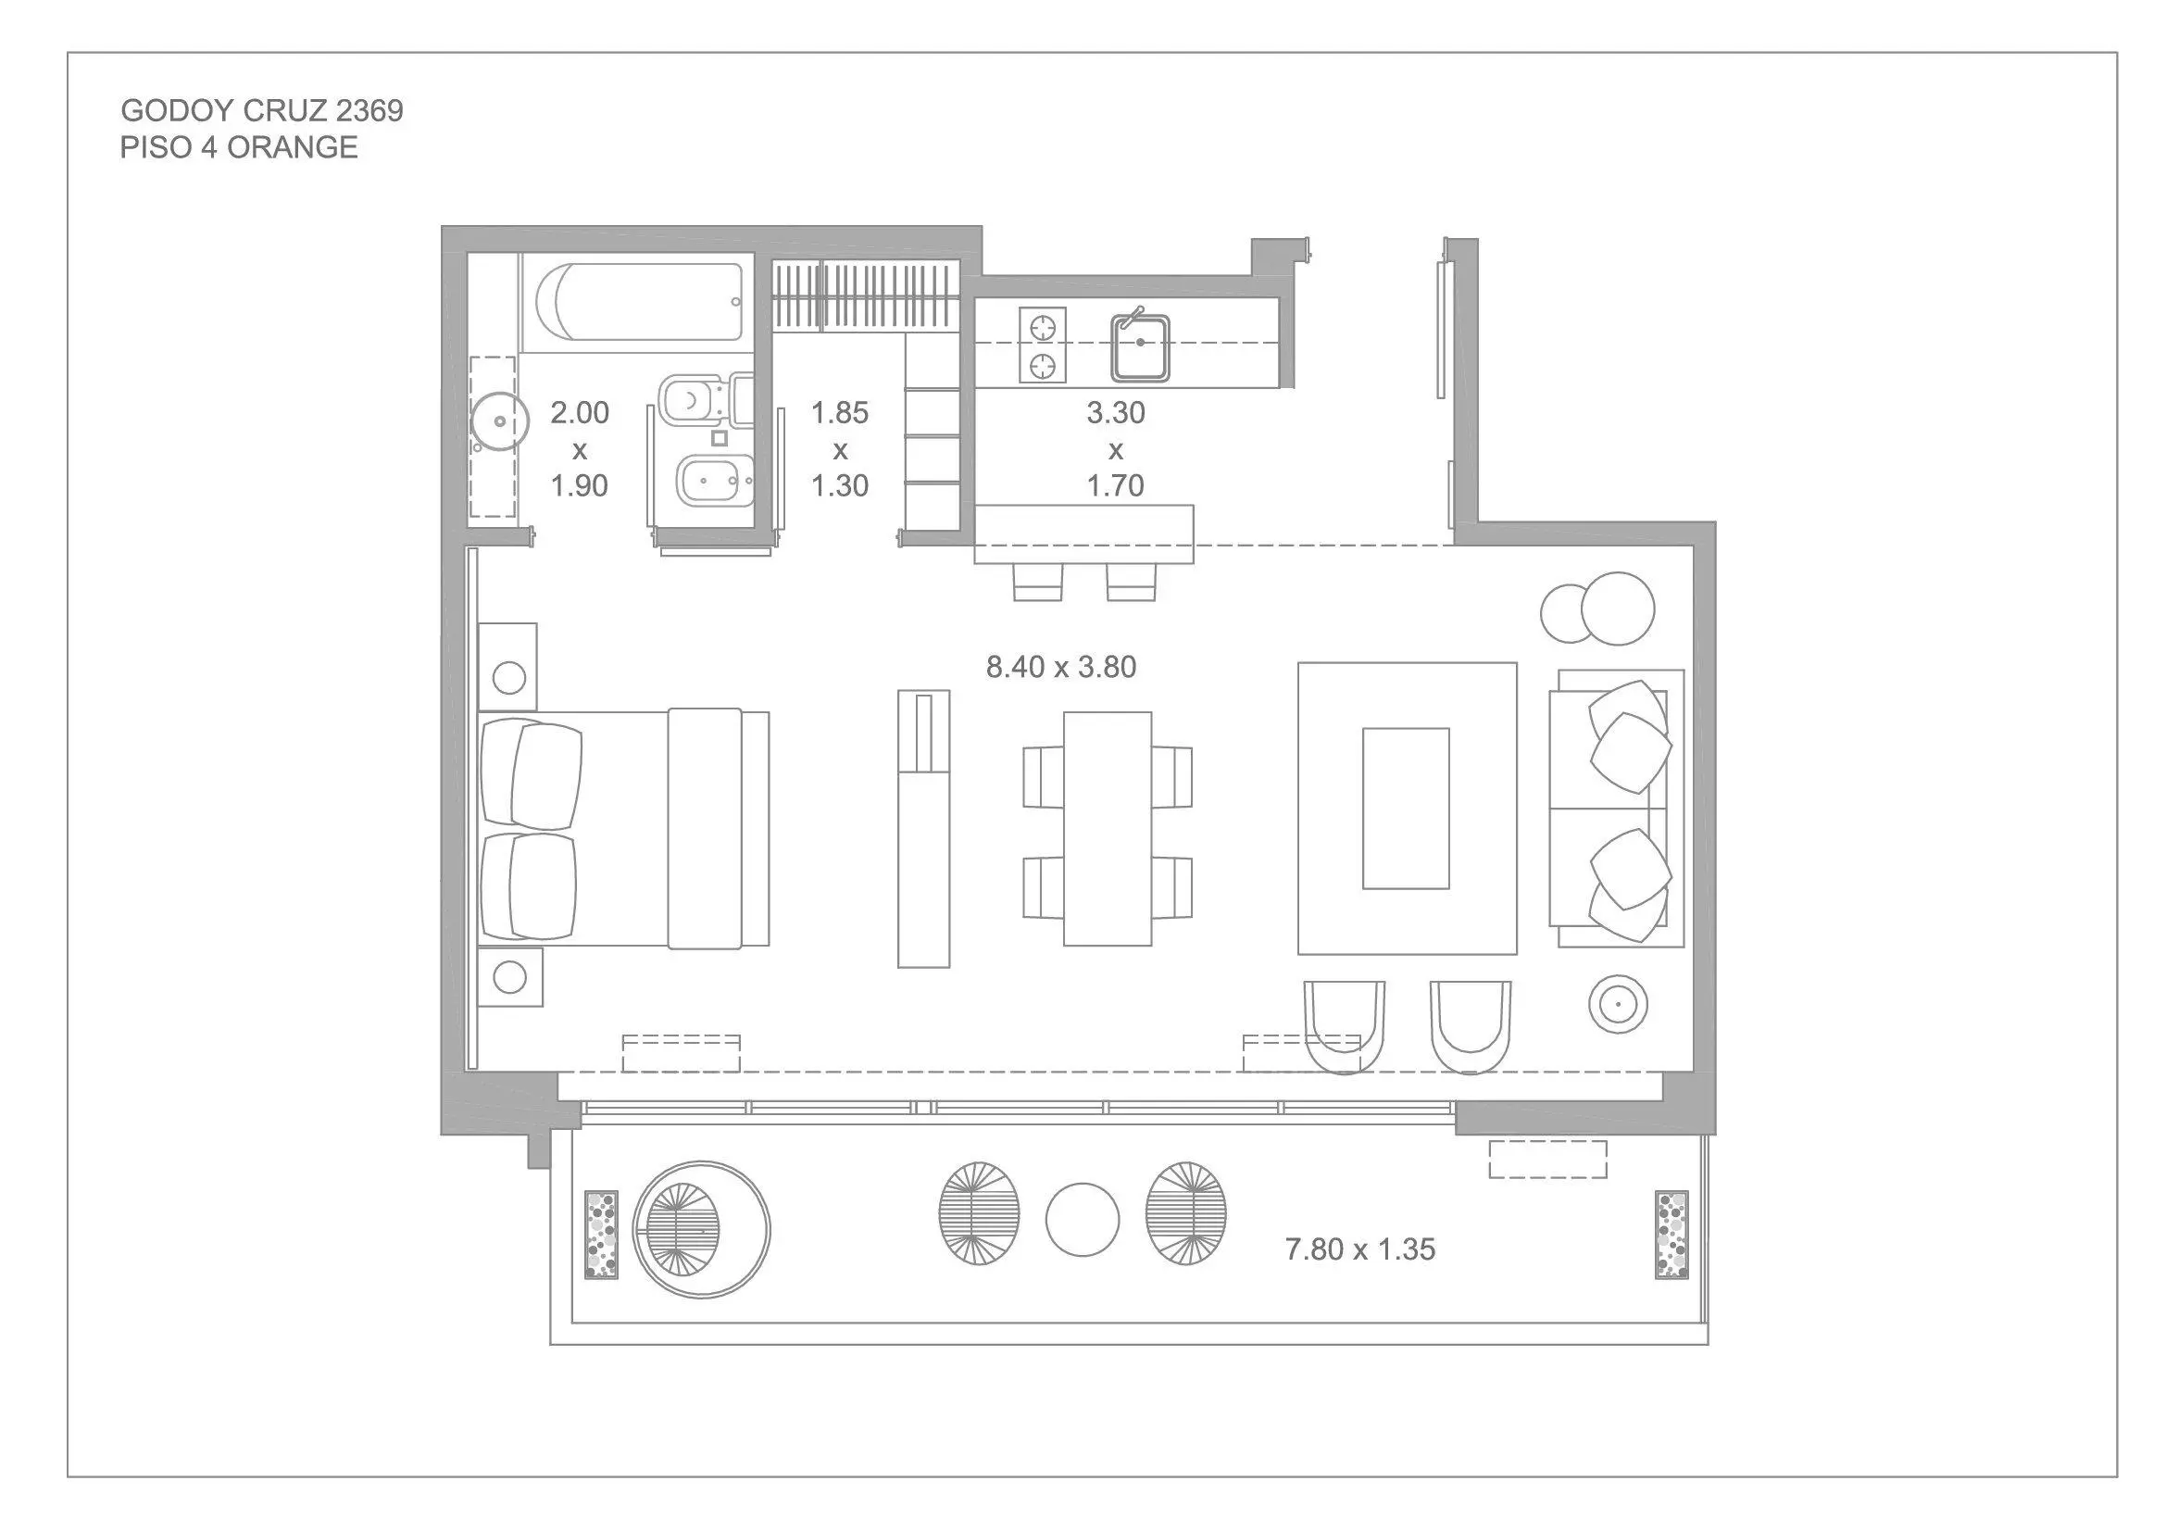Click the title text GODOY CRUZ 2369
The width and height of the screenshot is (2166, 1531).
point(261,111)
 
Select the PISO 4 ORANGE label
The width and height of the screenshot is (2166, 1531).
point(239,148)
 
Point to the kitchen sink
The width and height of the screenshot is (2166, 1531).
point(1141,347)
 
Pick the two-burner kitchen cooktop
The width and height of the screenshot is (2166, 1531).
point(1043,345)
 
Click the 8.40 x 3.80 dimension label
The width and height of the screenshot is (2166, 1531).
point(1061,667)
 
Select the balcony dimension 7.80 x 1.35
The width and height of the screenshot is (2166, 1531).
point(1360,1249)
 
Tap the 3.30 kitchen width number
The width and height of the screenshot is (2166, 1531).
point(1116,412)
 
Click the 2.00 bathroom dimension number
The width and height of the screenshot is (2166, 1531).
point(579,412)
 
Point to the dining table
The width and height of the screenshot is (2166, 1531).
point(1108,828)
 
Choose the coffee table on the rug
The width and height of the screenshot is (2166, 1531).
point(1406,809)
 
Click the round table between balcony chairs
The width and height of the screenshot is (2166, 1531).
point(1082,1220)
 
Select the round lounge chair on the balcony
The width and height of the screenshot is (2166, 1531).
point(701,1230)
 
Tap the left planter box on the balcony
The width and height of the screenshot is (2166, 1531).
point(601,1234)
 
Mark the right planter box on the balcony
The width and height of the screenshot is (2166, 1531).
point(1671,1234)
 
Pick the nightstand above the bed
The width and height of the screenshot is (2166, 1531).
point(507,666)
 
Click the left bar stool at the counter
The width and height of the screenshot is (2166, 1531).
point(1039,582)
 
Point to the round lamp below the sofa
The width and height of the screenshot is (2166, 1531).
point(1618,1004)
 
